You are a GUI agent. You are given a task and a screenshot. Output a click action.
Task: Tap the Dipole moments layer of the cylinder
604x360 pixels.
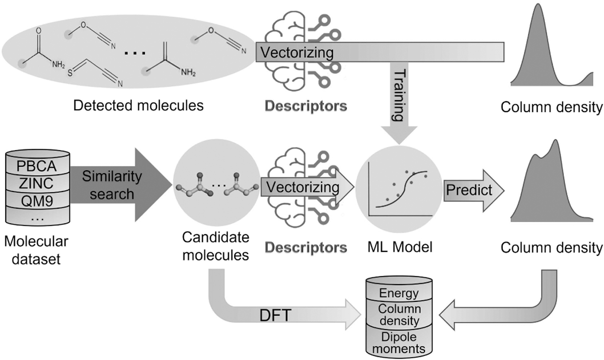tap(399, 342)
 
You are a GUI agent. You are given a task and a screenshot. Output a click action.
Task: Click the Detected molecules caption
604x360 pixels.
tap(138, 106)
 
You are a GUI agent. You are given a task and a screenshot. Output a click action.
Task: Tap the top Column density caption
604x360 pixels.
tap(552, 107)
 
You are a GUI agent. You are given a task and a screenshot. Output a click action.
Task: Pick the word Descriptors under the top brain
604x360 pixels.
tap(306, 106)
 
